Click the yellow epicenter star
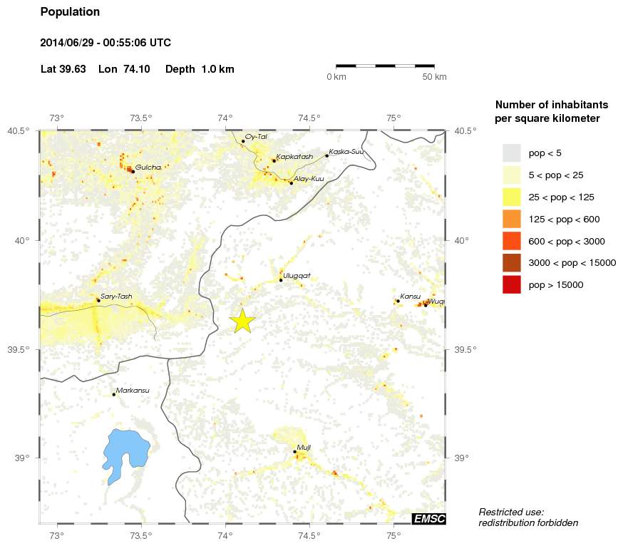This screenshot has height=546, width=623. [x=242, y=321]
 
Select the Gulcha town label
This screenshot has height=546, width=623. [x=148, y=167]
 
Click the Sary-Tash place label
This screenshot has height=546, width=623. [x=116, y=296]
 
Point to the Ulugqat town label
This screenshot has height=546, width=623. [x=297, y=275]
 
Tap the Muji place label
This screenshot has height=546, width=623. [x=304, y=447]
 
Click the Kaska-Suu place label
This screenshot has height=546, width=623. [x=347, y=151]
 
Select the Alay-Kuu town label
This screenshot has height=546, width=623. [x=309, y=178]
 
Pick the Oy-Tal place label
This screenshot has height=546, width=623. [x=256, y=136]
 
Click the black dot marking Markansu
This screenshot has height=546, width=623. [x=113, y=394]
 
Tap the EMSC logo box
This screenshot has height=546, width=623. [x=428, y=519]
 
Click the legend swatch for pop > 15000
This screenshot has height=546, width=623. [x=512, y=284]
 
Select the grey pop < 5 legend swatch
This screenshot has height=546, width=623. [x=512, y=153]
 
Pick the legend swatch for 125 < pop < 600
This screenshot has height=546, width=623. [x=512, y=219]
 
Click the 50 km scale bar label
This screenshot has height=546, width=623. [x=434, y=77]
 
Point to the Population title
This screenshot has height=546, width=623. [x=71, y=12]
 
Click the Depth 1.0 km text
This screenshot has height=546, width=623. [x=200, y=69]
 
